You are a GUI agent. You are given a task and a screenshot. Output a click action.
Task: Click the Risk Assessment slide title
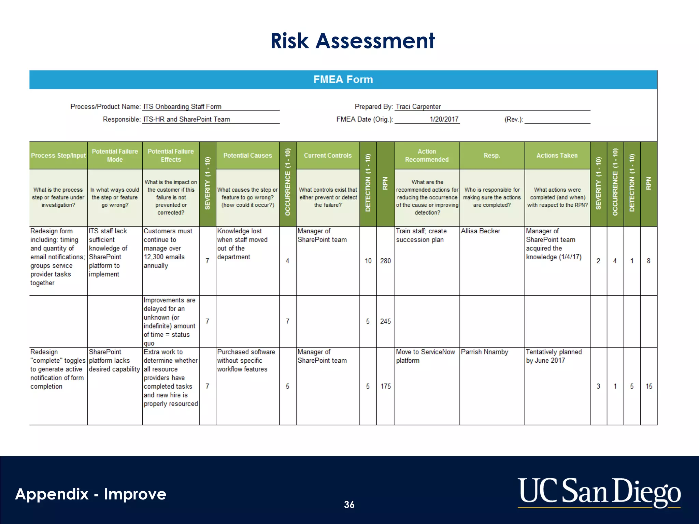pos(352,41)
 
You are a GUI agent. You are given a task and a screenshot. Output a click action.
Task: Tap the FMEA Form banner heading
pos(343,79)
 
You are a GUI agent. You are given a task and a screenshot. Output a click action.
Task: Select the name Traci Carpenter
pos(418,106)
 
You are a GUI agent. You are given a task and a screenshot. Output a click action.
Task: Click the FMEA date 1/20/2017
pos(444,119)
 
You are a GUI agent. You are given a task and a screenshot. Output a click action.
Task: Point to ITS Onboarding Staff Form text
pos(182,106)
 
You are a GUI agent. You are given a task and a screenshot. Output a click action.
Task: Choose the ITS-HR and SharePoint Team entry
pos(186,119)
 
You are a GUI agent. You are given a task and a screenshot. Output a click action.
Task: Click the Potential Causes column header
pos(247,156)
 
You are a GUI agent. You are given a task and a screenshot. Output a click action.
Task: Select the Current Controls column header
pos(328,156)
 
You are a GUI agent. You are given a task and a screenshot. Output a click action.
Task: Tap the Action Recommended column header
pos(427,156)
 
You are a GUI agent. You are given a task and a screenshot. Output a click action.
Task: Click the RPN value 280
pos(385,261)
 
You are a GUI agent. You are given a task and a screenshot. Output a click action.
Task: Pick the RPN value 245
pos(385,321)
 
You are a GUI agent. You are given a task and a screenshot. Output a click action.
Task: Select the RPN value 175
pos(385,387)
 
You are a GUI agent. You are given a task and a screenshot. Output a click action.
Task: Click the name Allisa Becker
pos(480,231)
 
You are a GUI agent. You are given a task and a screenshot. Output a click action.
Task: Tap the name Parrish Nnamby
pos(484,352)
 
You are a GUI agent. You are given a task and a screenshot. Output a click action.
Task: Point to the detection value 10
pos(368,261)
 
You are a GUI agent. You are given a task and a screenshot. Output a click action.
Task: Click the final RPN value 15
pos(648,387)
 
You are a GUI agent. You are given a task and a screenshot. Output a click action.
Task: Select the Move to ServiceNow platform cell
pos(425,356)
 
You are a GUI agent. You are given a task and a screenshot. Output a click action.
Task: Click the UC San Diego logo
pos(599,492)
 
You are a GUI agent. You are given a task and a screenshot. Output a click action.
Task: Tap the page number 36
pos(349,505)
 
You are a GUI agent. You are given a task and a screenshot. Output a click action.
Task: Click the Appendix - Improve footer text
pos(91,494)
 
